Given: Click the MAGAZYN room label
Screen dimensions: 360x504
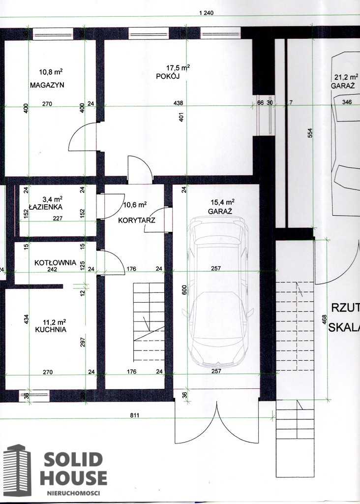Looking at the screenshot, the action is tap(47, 85).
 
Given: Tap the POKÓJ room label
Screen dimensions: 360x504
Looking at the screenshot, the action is tap(168, 76).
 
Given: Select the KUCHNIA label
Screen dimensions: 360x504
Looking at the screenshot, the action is tap(51, 329).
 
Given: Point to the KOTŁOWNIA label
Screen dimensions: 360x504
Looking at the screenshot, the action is tap(55, 263).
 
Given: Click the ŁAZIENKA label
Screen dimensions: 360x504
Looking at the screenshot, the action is tap(46, 207).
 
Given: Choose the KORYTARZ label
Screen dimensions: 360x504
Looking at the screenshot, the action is tap(137, 220).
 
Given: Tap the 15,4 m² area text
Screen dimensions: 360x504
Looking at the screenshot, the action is tap(223, 202).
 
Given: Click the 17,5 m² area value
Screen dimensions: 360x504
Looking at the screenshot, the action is tap(178, 68).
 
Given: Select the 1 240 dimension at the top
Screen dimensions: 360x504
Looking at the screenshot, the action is tap(206, 13).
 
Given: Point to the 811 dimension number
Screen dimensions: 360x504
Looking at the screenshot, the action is tap(135, 415).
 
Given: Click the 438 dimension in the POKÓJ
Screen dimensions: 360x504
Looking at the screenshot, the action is tap(178, 103).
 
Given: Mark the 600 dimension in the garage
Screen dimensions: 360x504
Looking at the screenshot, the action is tap(184, 290).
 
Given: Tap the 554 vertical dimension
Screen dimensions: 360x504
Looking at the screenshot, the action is tap(310, 133).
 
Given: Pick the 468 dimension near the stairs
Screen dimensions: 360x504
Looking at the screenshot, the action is tap(325, 319).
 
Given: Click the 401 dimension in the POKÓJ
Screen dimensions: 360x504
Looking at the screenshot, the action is tap(182, 117).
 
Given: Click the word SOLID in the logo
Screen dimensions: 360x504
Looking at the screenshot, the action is tap(73, 460).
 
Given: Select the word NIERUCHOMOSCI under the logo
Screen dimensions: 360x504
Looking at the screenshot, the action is tap(74, 493).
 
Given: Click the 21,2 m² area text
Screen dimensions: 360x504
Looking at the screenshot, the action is tap(347, 77).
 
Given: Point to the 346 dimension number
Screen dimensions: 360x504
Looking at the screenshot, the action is tap(347, 102).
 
